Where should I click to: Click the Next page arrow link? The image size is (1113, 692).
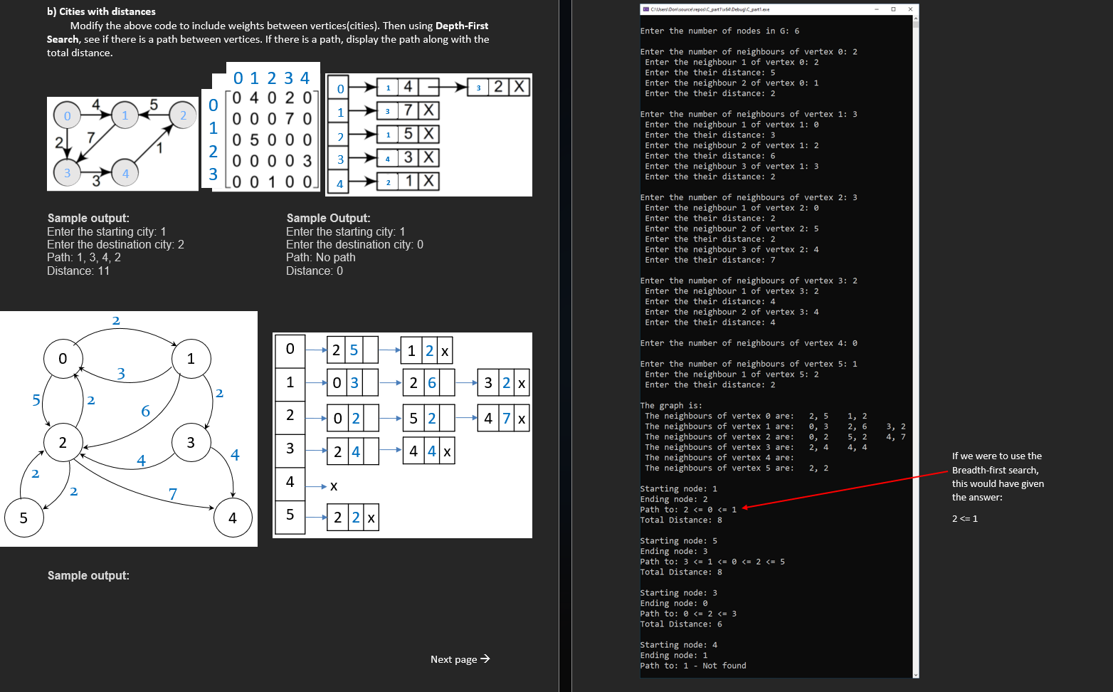(x=460, y=659)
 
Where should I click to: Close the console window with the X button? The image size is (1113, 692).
(x=910, y=9)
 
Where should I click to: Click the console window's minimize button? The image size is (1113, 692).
(x=876, y=9)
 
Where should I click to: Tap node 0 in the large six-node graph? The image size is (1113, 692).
(x=63, y=359)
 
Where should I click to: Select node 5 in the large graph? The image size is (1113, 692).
(x=23, y=518)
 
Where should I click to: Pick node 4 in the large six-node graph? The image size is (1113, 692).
(x=233, y=518)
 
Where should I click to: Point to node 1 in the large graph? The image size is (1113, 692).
(x=191, y=359)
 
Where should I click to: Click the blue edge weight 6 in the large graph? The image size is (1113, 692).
(x=145, y=411)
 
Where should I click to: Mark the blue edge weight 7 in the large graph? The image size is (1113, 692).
(x=172, y=493)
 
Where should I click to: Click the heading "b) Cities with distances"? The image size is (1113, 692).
(x=101, y=11)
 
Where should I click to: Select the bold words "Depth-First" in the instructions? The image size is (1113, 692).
(x=461, y=26)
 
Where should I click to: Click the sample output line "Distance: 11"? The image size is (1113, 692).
(x=78, y=271)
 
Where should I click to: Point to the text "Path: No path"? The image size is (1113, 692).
(x=320, y=258)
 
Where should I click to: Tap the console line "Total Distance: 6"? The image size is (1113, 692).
(x=680, y=624)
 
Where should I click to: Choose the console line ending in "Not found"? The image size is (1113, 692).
(x=693, y=666)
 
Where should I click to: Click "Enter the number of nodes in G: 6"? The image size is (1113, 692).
(x=719, y=31)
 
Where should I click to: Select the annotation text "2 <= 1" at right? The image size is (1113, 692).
(x=964, y=518)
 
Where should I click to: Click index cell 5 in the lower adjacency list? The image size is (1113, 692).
(x=290, y=515)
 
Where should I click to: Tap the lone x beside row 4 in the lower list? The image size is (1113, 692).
(x=334, y=486)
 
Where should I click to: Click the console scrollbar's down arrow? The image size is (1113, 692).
(x=915, y=674)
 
